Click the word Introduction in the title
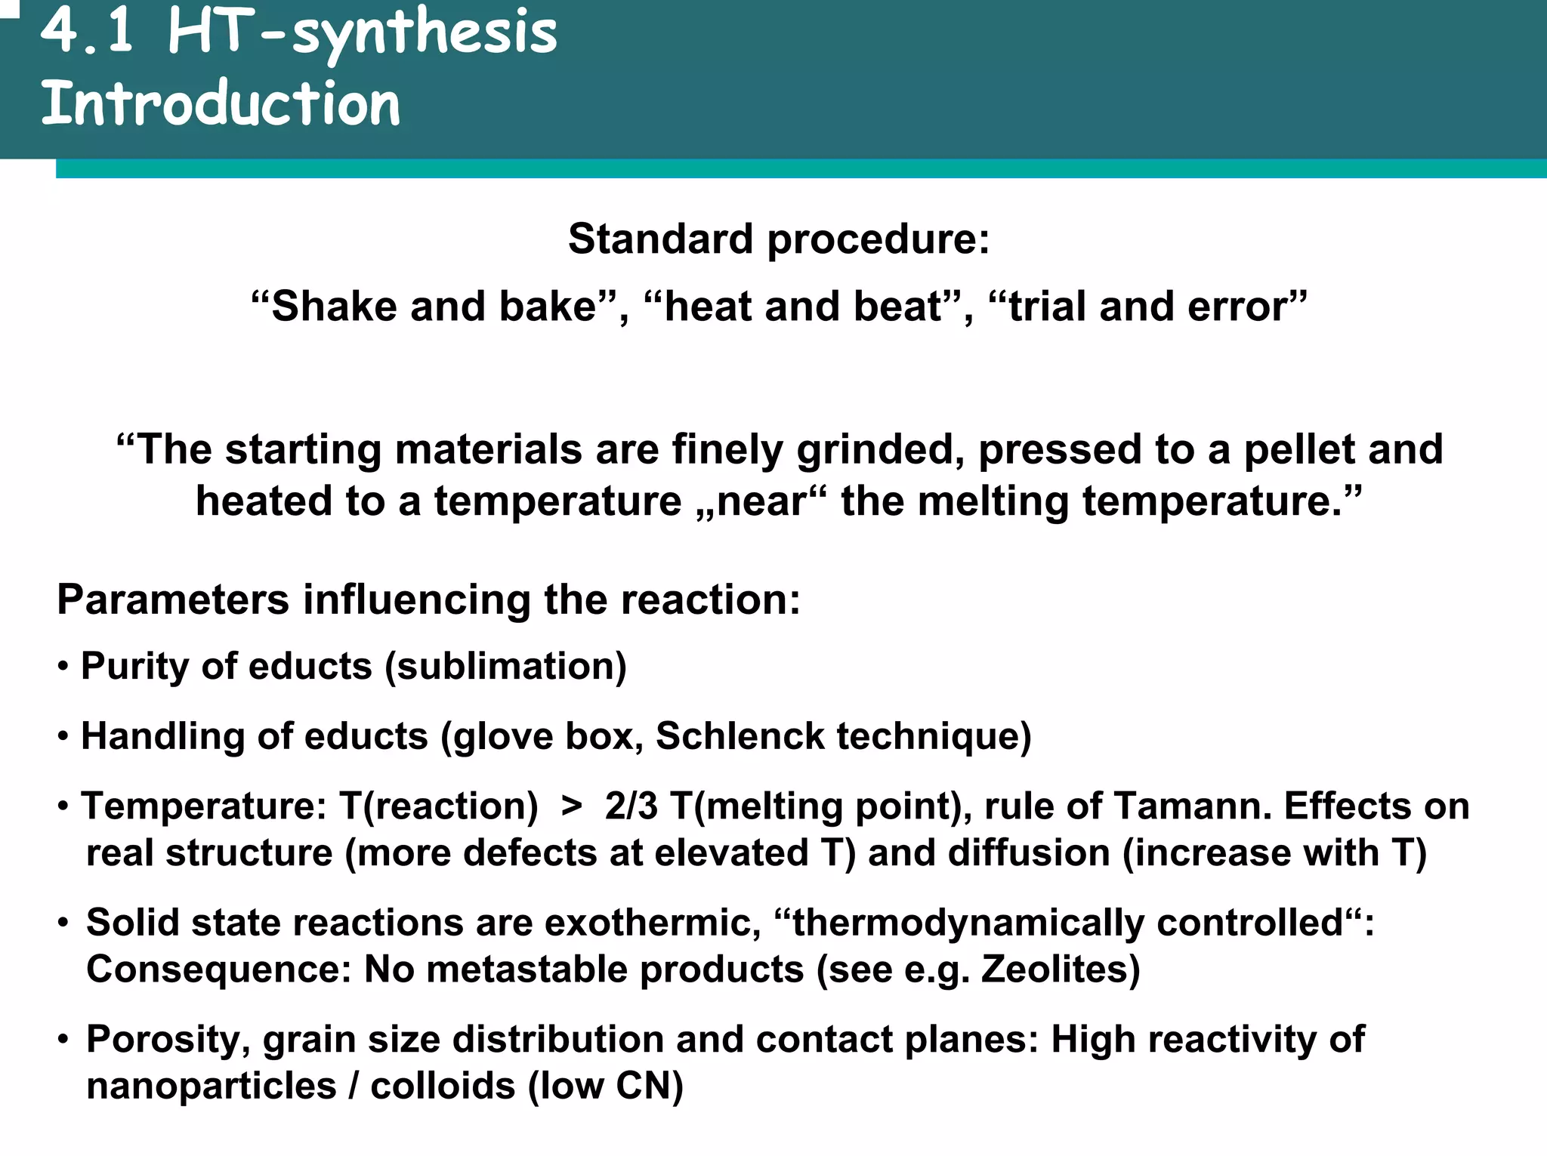(220, 103)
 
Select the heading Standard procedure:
(778, 239)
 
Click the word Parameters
(173, 600)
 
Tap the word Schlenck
(740, 736)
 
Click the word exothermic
(651, 923)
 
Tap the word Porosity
(168, 1040)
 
